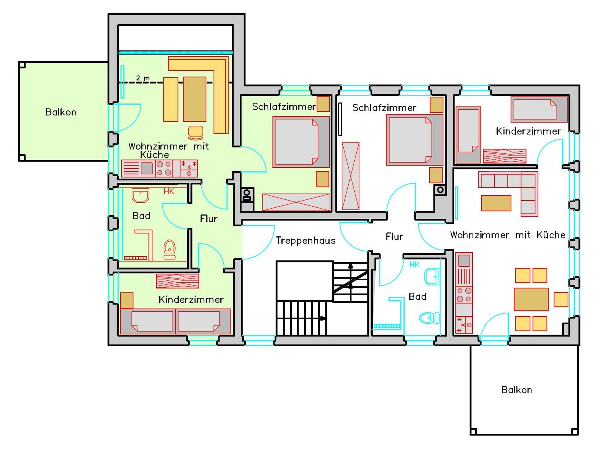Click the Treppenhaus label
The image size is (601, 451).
305,241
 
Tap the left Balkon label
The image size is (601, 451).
61,112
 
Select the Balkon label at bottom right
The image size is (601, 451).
516,390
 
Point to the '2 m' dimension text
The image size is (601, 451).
143,78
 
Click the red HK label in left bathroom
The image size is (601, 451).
169,191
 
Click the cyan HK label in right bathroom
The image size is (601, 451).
414,265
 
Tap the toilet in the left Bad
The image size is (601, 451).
170,250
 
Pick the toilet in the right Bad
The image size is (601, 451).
429,318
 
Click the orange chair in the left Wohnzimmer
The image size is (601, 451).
195,133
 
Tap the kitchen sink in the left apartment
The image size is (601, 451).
147,168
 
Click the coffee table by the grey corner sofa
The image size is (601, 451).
496,203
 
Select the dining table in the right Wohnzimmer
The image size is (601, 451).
531,299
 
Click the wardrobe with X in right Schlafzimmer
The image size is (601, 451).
350,176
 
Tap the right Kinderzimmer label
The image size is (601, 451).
528,131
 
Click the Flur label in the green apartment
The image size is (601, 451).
209,218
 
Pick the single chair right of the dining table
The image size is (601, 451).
561,299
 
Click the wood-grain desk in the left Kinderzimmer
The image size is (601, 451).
178,281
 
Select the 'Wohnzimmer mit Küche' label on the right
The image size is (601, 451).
508,235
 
